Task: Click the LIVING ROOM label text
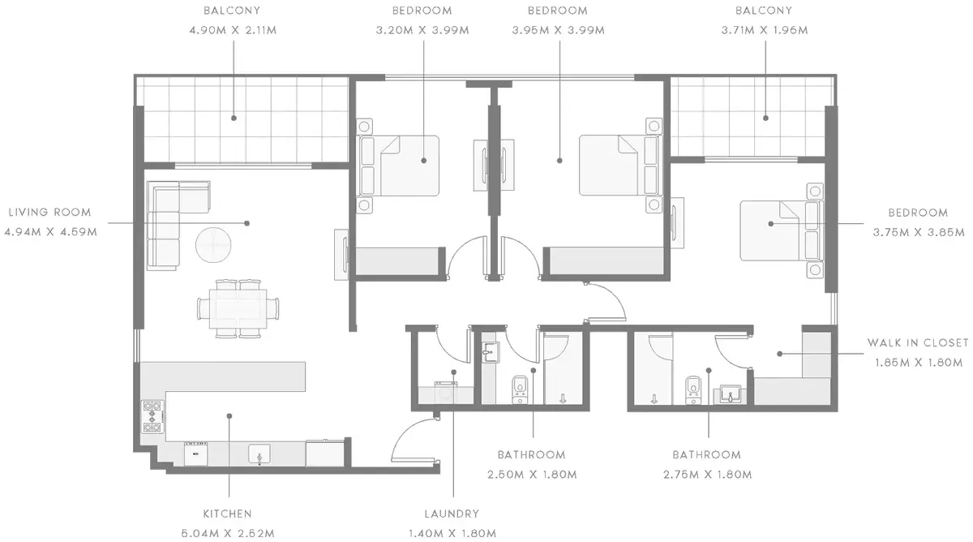click(50, 213)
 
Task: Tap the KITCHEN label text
click(228, 514)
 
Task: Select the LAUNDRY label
click(452, 514)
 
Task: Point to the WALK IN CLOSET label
click(918, 343)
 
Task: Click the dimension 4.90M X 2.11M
click(233, 30)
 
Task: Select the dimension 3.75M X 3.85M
click(919, 233)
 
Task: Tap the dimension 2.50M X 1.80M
click(532, 475)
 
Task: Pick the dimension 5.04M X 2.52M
click(228, 534)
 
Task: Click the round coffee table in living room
click(213, 245)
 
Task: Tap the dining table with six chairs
click(238, 308)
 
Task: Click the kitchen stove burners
click(152, 417)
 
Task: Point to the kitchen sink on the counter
click(259, 454)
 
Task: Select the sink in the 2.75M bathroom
click(731, 394)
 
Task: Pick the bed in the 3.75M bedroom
click(781, 230)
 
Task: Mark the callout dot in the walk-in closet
click(780, 354)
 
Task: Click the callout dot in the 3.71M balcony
click(765, 118)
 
